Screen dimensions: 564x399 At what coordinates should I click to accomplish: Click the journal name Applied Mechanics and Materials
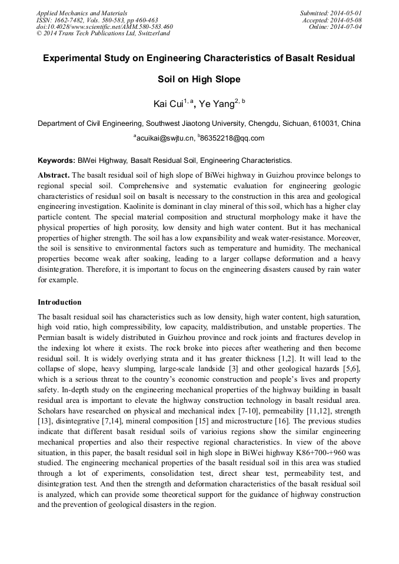point(82,13)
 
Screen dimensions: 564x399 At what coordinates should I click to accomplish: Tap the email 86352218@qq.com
point(233,139)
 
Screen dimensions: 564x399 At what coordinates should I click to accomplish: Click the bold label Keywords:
point(56,160)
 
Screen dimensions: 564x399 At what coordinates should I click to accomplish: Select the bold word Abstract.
point(54,175)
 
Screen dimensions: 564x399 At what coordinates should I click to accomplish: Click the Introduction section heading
point(59,302)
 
